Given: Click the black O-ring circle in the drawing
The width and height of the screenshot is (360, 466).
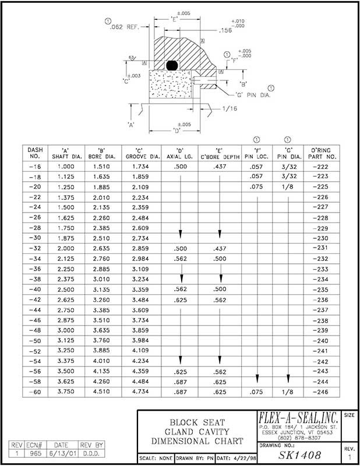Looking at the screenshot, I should click(172, 65).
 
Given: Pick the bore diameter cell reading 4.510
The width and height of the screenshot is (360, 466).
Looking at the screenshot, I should click(103, 391).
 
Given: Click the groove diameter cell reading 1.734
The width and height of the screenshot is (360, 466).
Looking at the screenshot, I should click(142, 167).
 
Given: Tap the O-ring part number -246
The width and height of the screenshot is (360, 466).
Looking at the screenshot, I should click(321, 391).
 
